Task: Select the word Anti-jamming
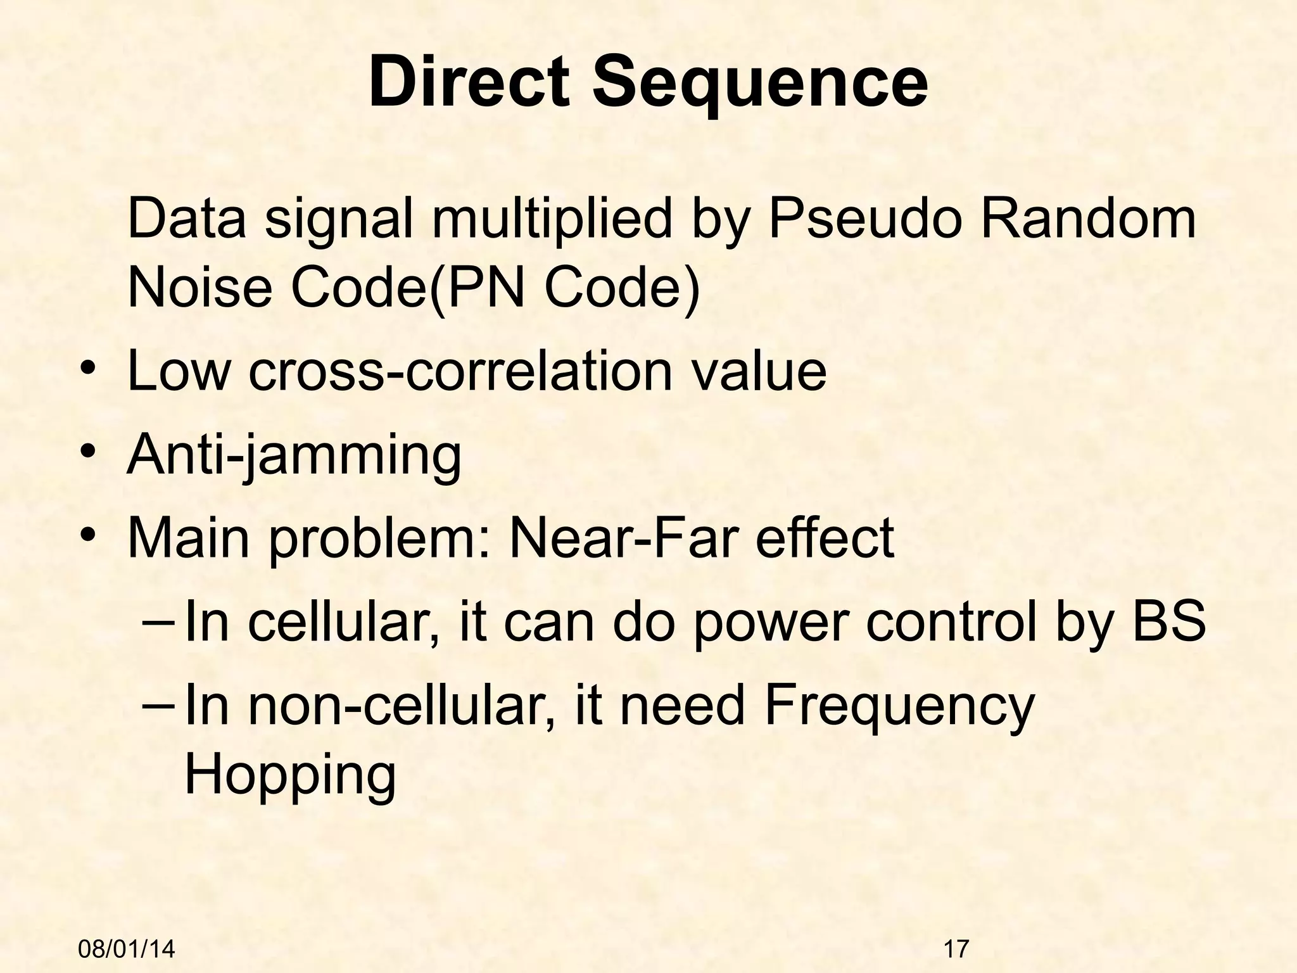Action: pos(294,456)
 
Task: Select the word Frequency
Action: pos(899,708)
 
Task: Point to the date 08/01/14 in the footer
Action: pos(127,949)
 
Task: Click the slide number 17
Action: pos(956,949)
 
